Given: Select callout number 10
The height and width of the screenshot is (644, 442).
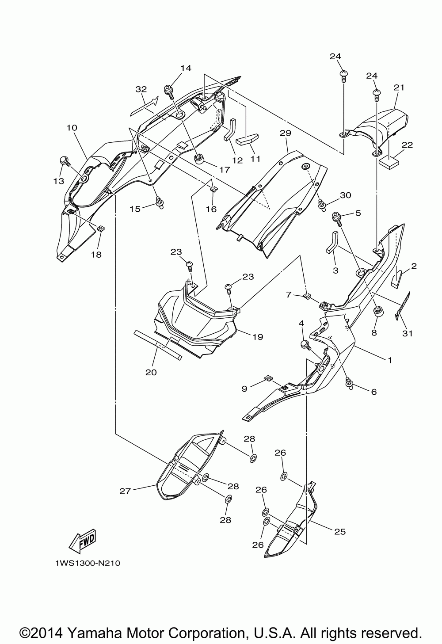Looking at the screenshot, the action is point(72,128).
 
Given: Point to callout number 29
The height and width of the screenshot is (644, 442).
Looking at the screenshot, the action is point(286,133).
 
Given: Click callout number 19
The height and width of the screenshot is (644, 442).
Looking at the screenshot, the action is point(258,337).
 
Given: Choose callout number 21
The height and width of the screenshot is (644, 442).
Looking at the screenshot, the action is point(399,88).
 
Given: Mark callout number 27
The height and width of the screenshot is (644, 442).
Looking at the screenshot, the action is point(126,492).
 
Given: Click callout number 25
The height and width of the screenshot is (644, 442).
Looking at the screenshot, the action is point(340,532).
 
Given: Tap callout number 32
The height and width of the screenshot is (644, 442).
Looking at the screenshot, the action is point(141,89).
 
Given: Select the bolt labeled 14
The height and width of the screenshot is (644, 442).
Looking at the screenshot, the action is point(168,91).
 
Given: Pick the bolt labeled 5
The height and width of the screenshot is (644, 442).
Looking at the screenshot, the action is point(337,217).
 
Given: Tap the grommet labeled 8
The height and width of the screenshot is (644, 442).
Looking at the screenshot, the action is point(377,312).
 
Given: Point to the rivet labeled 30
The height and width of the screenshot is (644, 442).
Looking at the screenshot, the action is point(322,205).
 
